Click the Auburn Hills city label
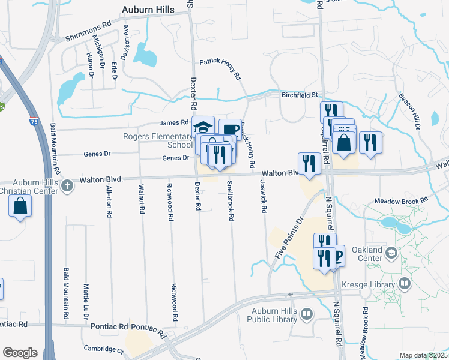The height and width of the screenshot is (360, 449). click(x=148, y=10)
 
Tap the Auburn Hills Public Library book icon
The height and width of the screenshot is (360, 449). click(x=307, y=314)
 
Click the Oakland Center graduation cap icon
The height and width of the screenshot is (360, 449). click(x=391, y=253)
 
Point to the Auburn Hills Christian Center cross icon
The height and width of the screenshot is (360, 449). click(x=67, y=185)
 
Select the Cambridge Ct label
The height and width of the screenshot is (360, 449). click(x=103, y=349)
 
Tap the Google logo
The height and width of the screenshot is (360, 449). click(x=20, y=353)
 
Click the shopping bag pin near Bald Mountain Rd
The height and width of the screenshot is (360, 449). click(x=20, y=206)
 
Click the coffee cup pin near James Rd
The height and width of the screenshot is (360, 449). click(x=230, y=129)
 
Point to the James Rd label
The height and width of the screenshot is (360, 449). click(x=175, y=123)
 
